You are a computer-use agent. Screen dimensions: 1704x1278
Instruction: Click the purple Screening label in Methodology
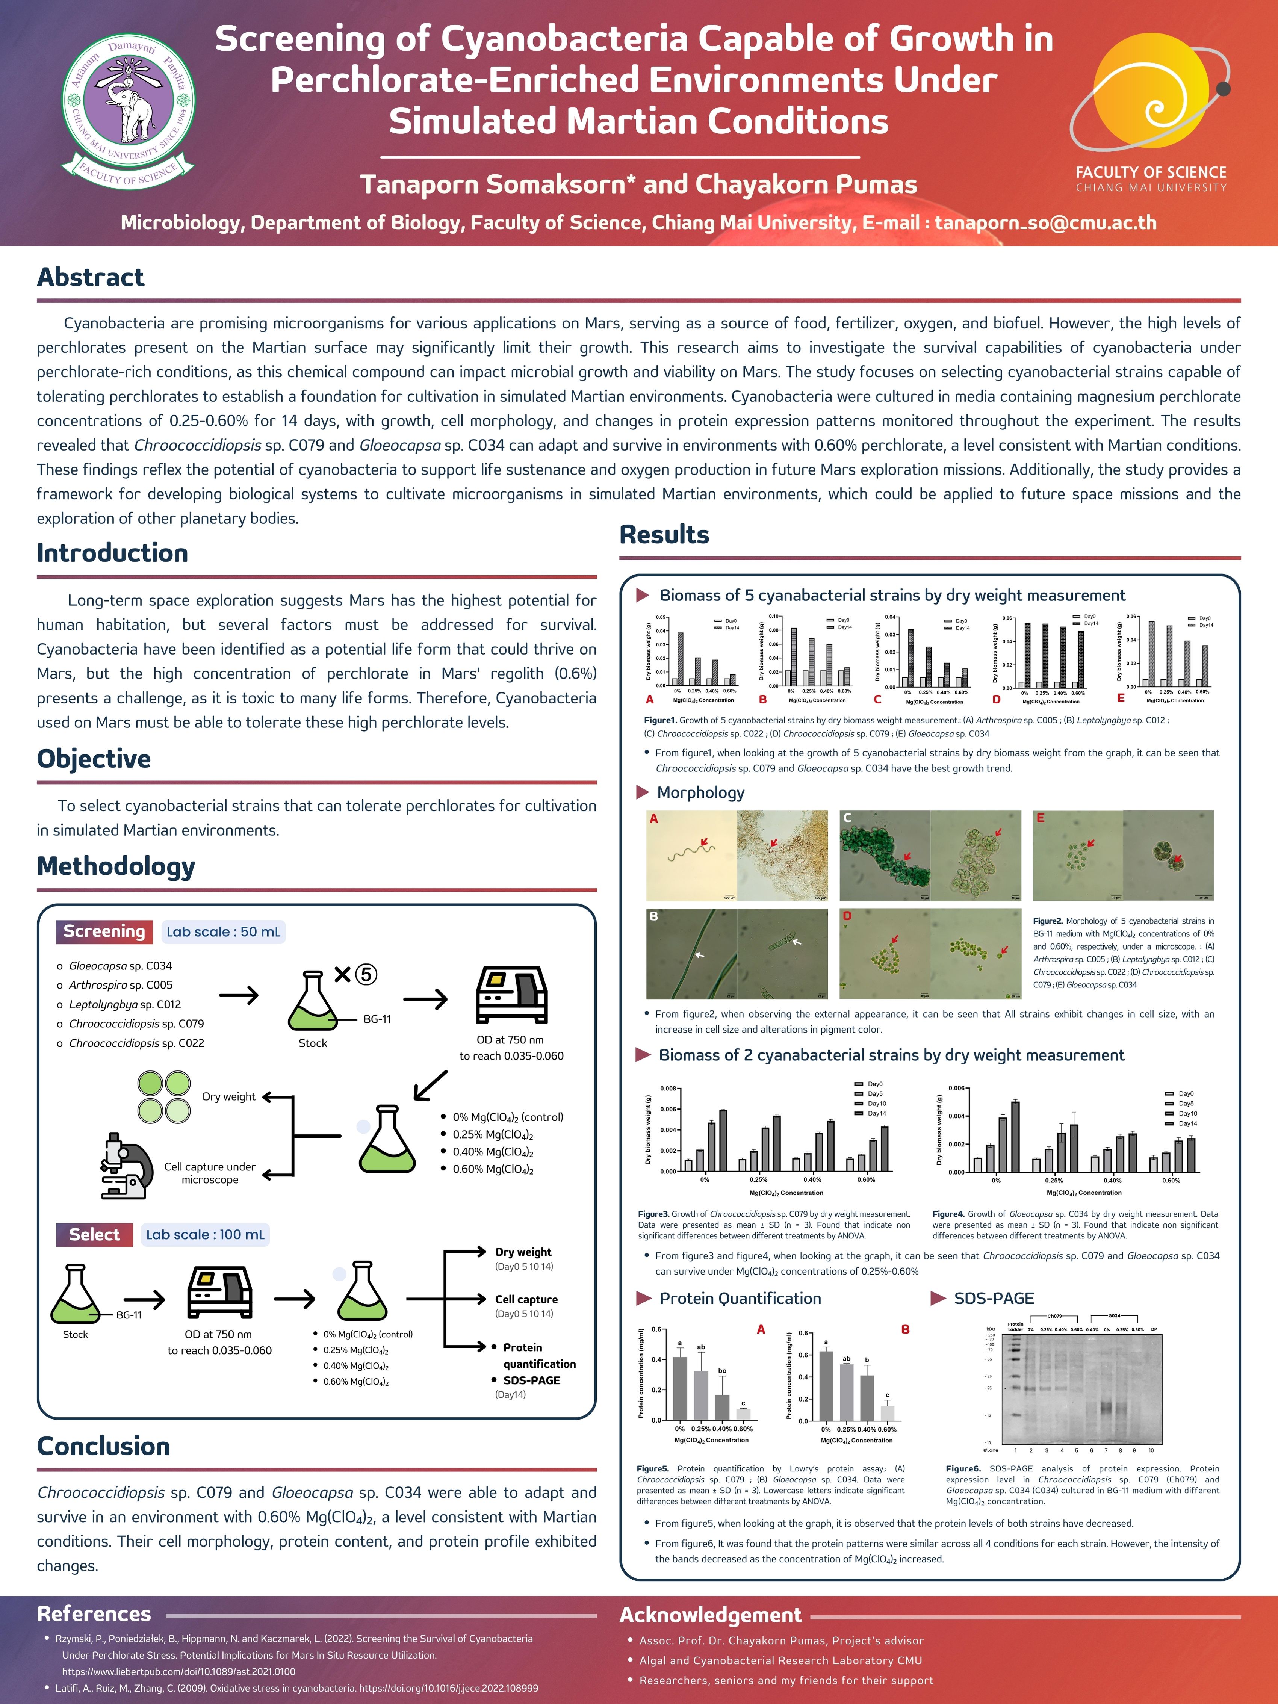click(104, 931)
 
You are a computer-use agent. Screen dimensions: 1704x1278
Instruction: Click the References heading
click(94, 1614)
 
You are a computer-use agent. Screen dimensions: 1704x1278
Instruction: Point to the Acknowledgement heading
click(710, 1615)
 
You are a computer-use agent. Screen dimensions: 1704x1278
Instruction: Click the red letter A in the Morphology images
click(654, 819)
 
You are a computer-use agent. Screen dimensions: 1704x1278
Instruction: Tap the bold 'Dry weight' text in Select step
click(523, 1252)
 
